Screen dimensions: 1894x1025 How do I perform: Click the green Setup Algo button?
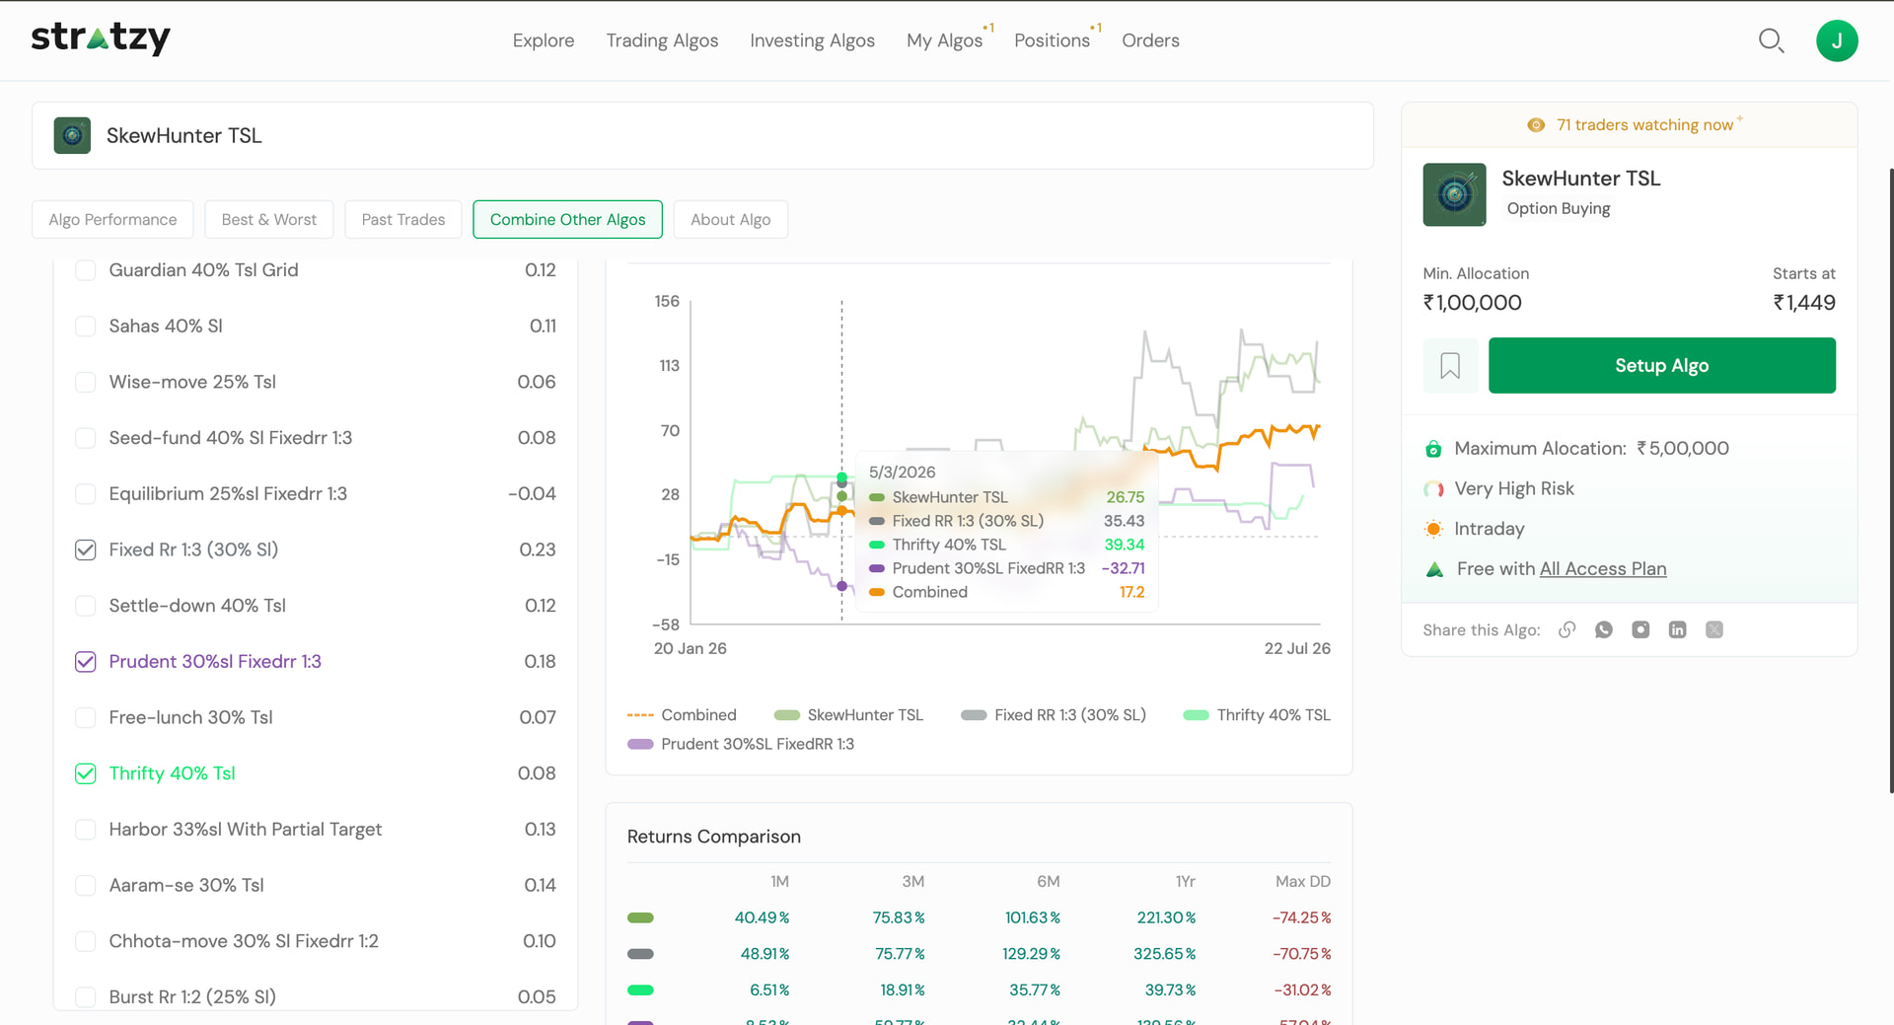click(1661, 365)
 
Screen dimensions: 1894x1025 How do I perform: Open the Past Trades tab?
click(402, 219)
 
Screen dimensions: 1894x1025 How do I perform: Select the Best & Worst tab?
click(268, 219)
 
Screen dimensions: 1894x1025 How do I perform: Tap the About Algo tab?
click(730, 219)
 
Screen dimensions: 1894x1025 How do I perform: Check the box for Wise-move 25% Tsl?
click(86, 382)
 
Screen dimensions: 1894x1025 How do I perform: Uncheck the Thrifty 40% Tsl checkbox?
click(86, 773)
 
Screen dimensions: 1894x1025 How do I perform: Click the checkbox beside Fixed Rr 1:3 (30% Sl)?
click(86, 549)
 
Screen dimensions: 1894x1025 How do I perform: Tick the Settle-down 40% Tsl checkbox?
click(86, 606)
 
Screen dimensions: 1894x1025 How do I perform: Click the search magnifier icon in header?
click(1772, 40)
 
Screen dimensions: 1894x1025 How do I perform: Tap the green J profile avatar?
click(1837, 40)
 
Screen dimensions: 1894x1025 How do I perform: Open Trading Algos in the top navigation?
click(662, 40)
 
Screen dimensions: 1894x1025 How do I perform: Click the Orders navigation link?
click(1150, 40)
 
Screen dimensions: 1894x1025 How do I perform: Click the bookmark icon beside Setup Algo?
click(1450, 366)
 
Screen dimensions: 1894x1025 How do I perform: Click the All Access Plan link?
click(1603, 569)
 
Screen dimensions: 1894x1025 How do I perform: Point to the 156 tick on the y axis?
click(667, 301)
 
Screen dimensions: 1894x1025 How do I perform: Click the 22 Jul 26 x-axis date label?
click(1297, 648)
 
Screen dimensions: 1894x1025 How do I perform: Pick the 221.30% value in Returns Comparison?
click(1166, 917)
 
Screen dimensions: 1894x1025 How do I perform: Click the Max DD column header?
click(1302, 881)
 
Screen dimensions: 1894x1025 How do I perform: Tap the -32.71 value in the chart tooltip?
click(1123, 568)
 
